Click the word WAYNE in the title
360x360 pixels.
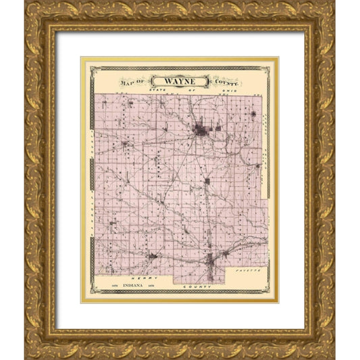click(180, 80)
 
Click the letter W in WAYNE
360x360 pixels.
click(166, 80)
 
